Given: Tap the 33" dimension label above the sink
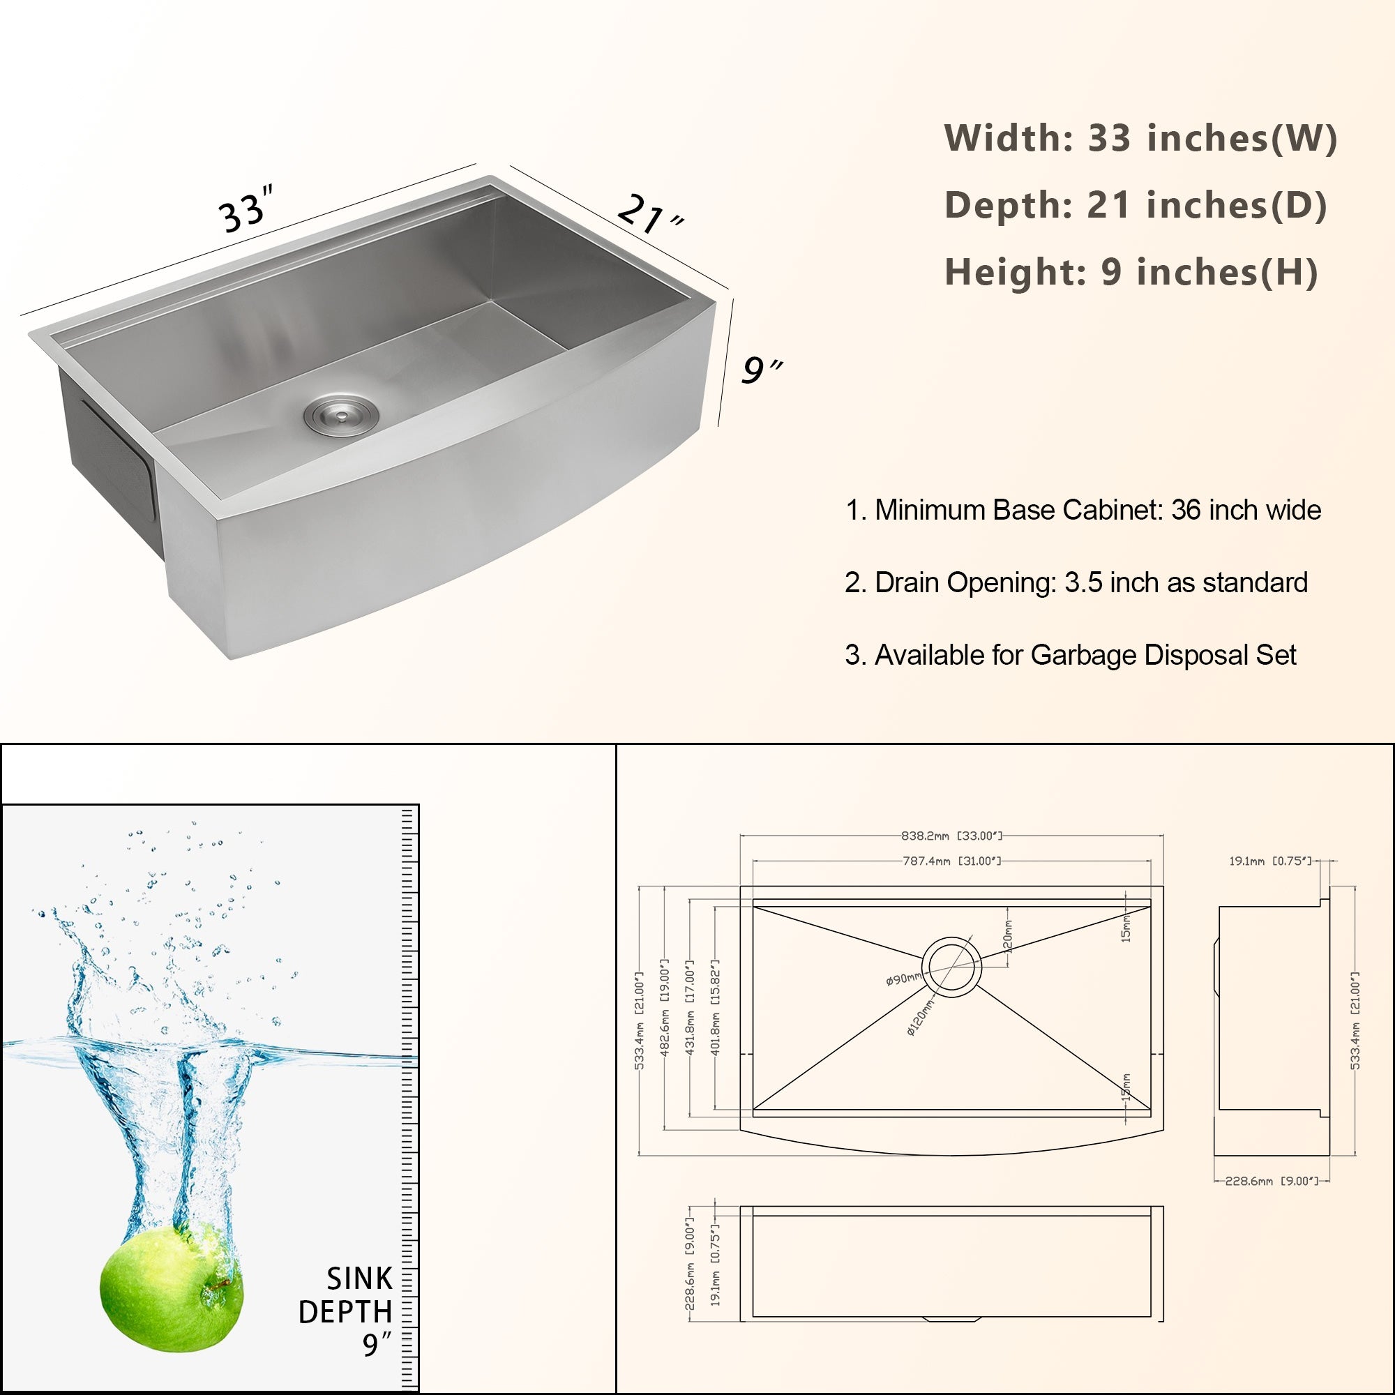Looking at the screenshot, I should [246, 209].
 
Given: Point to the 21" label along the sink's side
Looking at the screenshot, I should [650, 213].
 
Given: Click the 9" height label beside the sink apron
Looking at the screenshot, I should [761, 370].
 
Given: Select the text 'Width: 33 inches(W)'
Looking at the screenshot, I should [1140, 138].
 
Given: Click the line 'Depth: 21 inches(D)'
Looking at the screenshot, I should [1135, 205].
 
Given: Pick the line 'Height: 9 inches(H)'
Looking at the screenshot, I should [1131, 272].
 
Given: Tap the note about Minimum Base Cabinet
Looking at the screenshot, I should [1083, 511].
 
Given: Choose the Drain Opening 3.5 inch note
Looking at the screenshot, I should [1076, 582].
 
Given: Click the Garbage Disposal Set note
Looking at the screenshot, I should [1070, 655].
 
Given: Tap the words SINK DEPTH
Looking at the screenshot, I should [347, 1295].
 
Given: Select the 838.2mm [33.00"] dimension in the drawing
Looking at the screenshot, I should [951, 836].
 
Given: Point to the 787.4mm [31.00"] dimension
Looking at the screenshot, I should [951, 861].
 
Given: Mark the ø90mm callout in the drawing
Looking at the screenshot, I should [903, 979].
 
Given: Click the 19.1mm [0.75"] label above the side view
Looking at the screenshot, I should [1269, 861].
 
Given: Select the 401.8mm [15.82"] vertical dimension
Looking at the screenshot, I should [716, 1007].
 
